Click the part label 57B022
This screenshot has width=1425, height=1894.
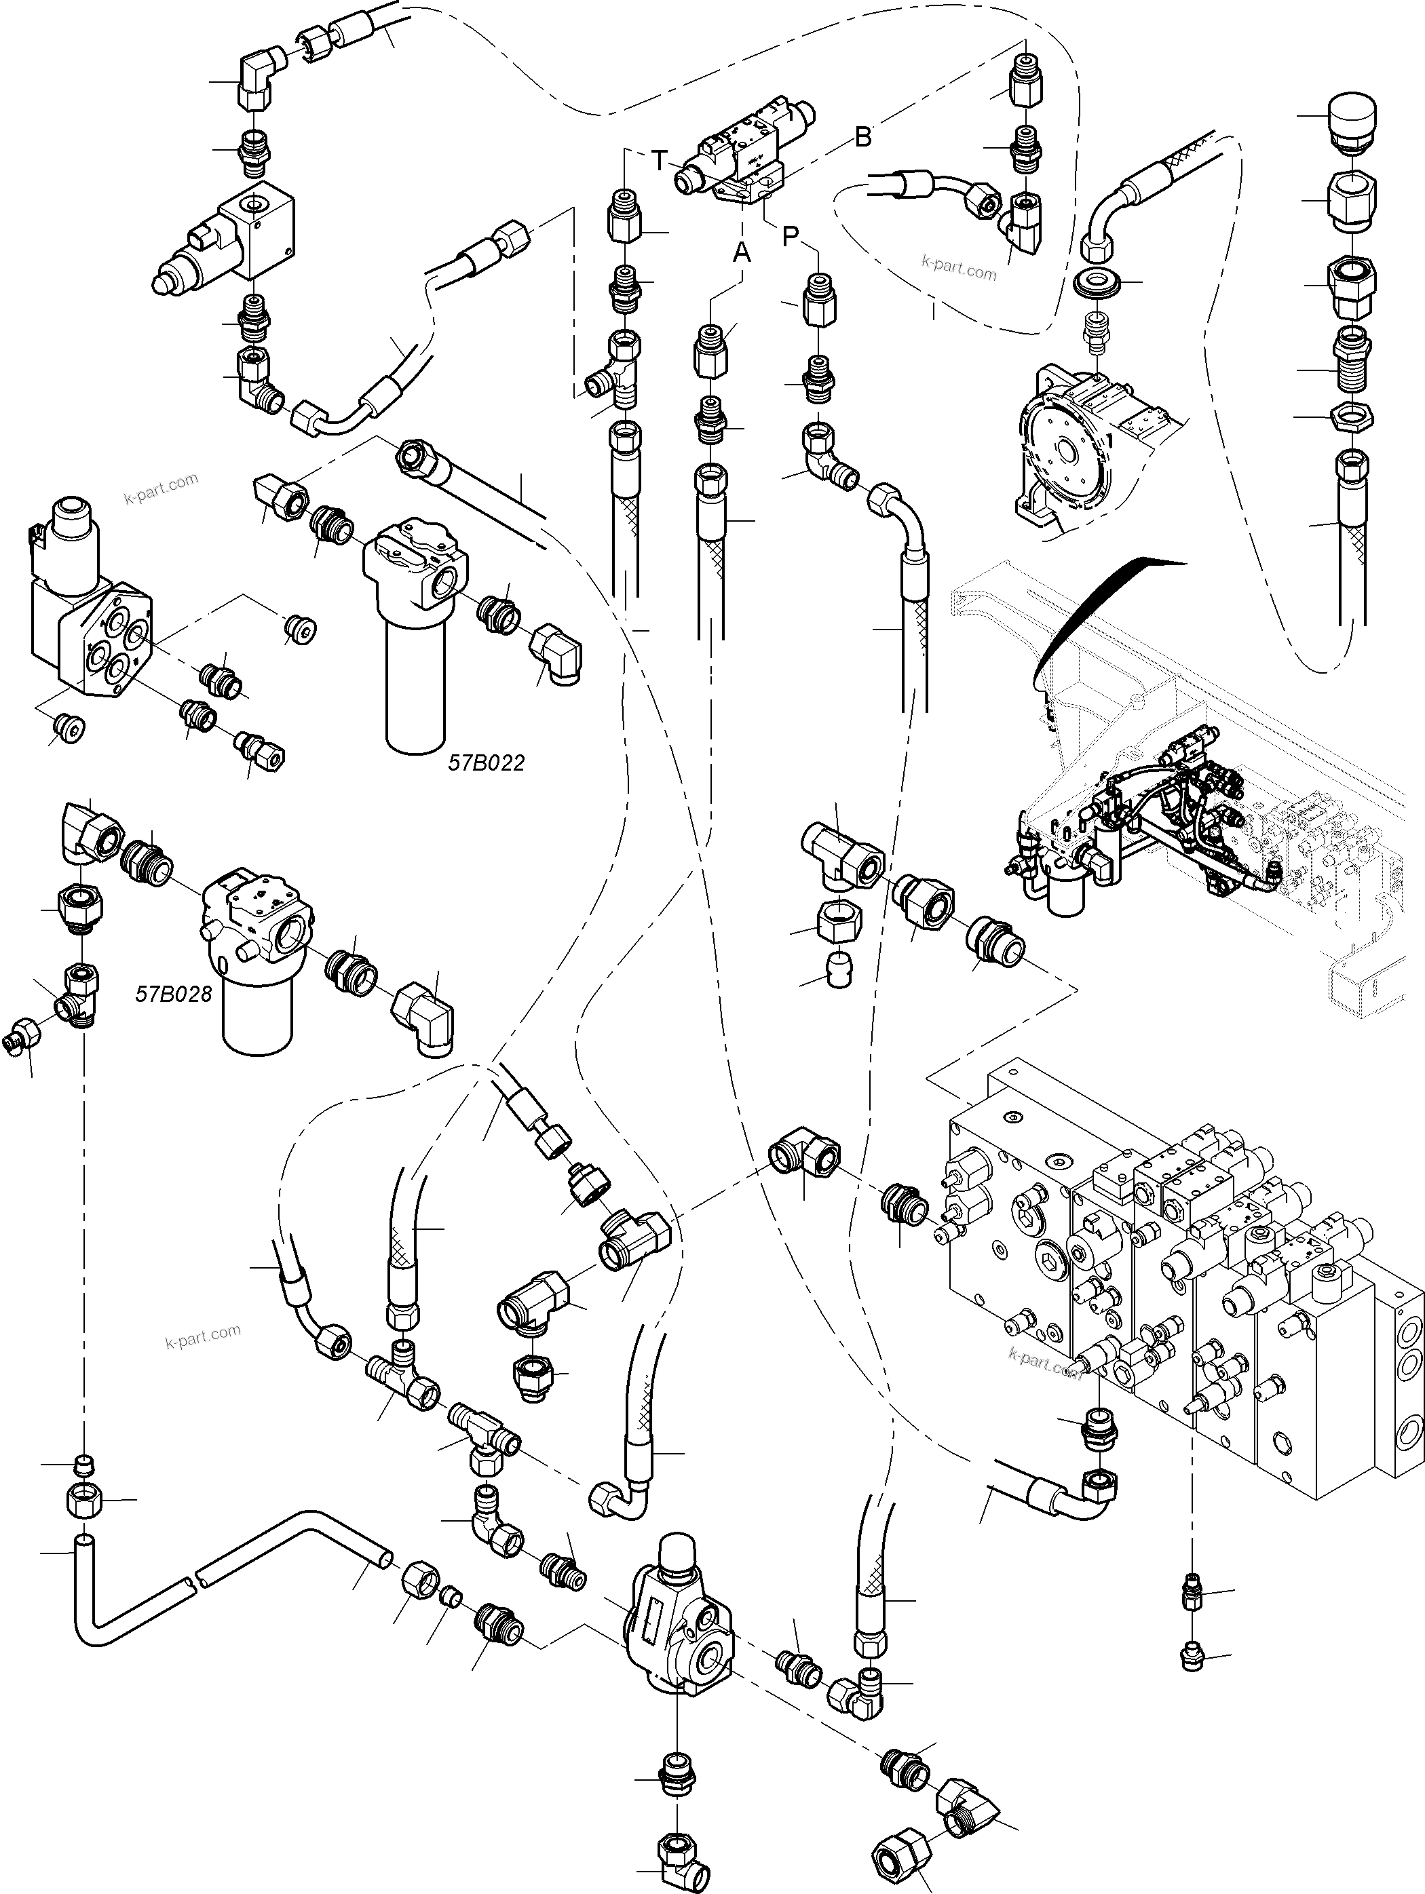click(486, 762)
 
